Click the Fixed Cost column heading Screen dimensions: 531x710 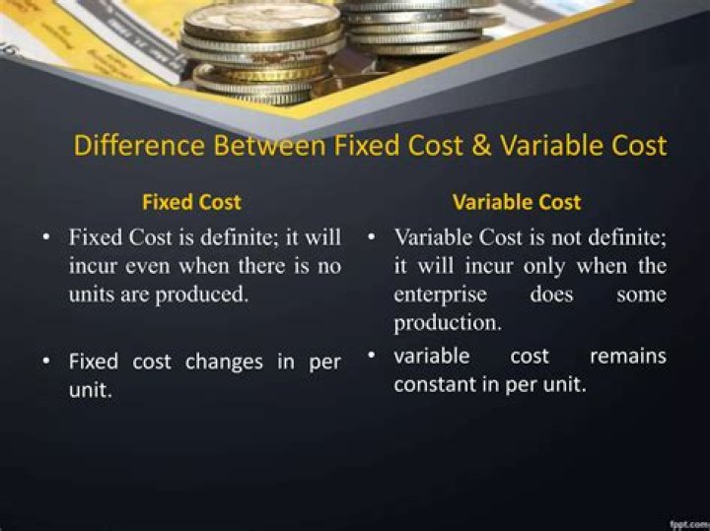coord(191,203)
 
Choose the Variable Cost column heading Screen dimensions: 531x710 coord(517,203)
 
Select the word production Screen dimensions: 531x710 coord(448,323)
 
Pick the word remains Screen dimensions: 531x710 coord(627,356)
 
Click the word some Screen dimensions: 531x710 coord(641,295)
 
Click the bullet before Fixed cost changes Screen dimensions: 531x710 coord(47,362)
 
